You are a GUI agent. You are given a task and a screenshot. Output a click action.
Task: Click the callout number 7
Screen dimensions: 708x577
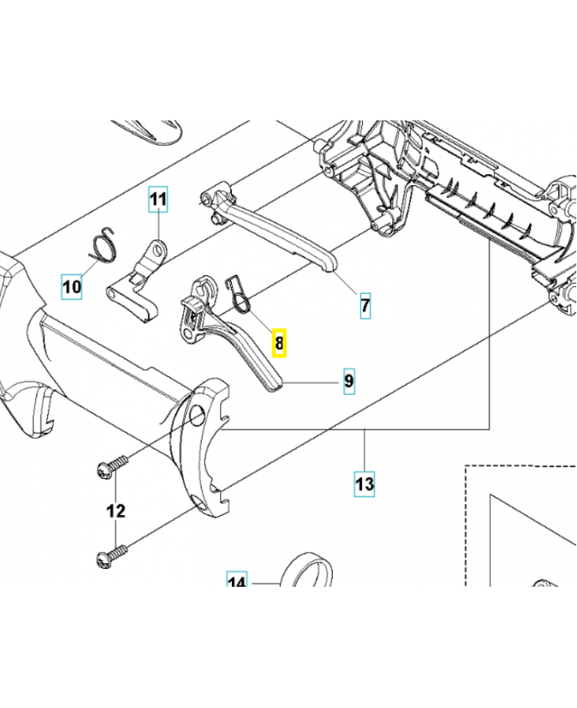pos(365,305)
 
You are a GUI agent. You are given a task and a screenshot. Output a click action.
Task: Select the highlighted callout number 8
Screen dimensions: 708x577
pos(279,342)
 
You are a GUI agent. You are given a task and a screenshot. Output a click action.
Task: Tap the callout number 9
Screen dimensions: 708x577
pos(349,381)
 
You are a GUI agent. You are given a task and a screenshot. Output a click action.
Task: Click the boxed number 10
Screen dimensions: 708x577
pos(71,286)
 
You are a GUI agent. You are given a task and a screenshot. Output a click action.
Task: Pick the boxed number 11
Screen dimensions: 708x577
pos(157,200)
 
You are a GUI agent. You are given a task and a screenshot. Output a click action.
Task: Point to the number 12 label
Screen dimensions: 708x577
pos(116,511)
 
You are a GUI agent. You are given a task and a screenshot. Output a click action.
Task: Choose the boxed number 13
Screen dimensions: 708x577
pos(365,484)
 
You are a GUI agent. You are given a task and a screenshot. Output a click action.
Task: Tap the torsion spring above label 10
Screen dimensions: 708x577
pos(103,244)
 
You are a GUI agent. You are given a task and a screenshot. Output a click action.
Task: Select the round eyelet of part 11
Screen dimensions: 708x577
pos(159,251)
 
